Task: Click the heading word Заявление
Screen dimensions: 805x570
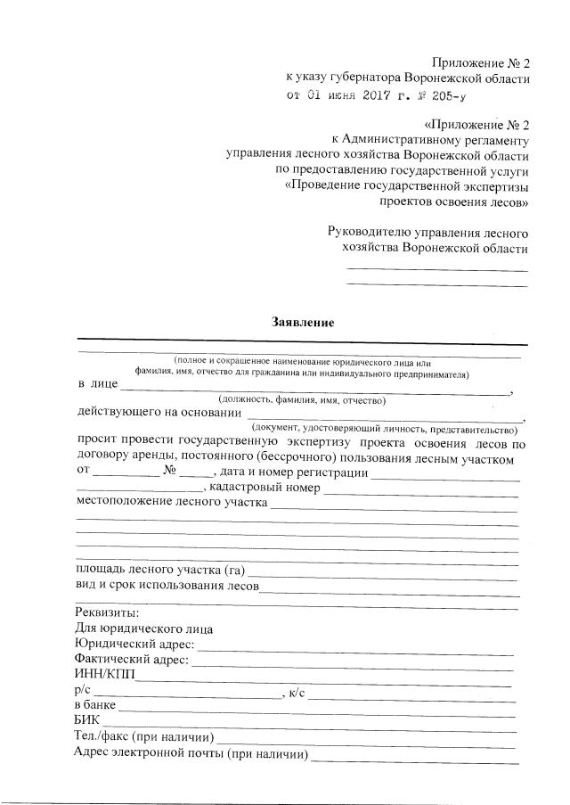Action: coord(303,323)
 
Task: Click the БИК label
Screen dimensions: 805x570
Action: coord(87,720)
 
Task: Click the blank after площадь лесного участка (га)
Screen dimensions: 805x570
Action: coord(383,571)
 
